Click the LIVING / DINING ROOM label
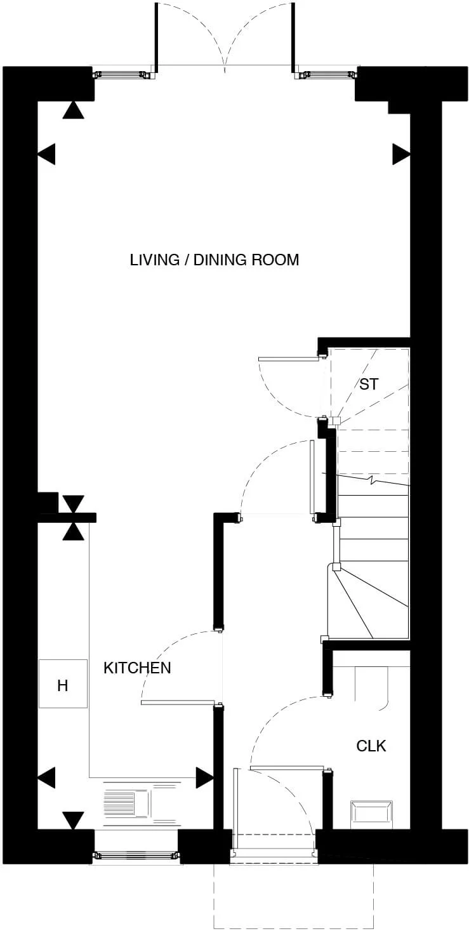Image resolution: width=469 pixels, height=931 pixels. click(x=214, y=260)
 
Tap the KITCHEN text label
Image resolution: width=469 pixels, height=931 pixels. click(x=137, y=668)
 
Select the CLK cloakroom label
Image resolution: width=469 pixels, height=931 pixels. click(x=371, y=746)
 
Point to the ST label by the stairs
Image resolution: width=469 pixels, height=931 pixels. click(x=368, y=384)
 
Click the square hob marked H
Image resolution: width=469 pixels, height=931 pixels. click(x=63, y=684)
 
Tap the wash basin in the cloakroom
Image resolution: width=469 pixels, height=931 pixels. click(x=371, y=814)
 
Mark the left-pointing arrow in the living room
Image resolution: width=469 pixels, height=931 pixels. click(x=47, y=154)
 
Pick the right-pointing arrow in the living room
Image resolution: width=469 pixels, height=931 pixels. click(x=401, y=154)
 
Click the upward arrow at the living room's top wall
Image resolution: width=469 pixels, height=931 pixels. click(x=74, y=110)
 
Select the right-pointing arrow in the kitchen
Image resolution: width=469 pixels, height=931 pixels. click(x=204, y=777)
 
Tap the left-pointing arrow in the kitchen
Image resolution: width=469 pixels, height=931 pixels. click(x=47, y=777)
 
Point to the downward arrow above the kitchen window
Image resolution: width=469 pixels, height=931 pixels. click(x=74, y=819)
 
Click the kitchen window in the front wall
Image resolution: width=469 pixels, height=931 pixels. click(x=136, y=856)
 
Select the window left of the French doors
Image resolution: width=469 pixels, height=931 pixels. click(x=124, y=74)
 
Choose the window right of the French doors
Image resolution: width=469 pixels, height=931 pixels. click(x=327, y=74)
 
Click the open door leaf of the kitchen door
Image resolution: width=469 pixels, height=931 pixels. click(x=179, y=703)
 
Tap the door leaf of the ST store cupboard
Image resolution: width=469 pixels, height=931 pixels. click(x=288, y=359)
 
